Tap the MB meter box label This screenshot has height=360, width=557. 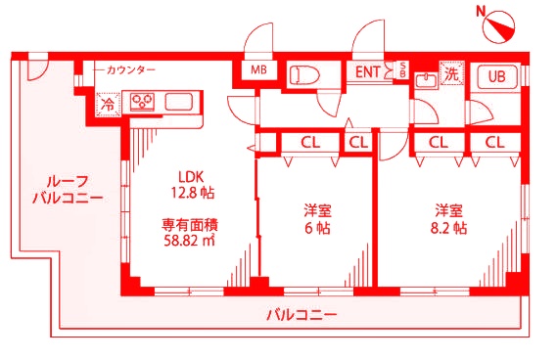(x=258, y=71)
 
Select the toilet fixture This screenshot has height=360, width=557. (x=304, y=74)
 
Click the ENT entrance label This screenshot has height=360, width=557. (x=369, y=71)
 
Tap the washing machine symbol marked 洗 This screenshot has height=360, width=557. (x=451, y=71)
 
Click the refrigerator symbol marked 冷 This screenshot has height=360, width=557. (x=105, y=101)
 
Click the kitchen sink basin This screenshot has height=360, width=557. (x=181, y=101)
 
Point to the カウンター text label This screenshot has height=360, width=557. (x=132, y=71)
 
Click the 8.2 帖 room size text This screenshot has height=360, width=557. (x=450, y=228)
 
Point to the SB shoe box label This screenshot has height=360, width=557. (x=402, y=70)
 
